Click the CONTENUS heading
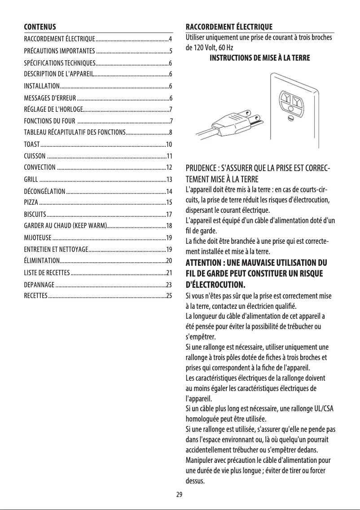pyautogui.click(x=40, y=26)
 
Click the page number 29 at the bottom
pyautogui.click(x=180, y=494)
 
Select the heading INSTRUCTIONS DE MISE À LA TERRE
pyautogui.click(x=259, y=58)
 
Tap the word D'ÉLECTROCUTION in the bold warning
pyautogui.click(x=215, y=284)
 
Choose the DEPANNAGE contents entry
pyautogui.click(x=40, y=284)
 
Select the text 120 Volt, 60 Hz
pyautogui.click(x=213, y=47)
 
